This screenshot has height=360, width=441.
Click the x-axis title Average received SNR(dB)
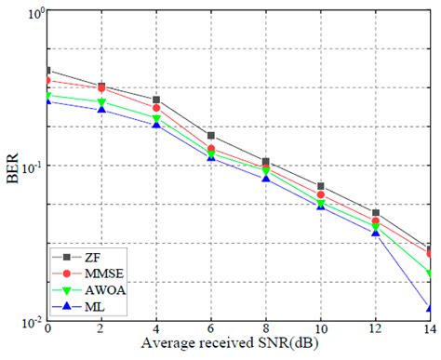[238, 345]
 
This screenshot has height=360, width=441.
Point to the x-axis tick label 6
[211, 330]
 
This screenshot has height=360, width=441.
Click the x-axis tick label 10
[320, 330]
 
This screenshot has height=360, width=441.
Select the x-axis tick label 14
[429, 330]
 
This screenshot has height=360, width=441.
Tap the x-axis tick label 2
[102, 330]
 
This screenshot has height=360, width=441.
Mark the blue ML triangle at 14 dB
[429, 308]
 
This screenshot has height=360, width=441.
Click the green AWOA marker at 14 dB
[429, 273]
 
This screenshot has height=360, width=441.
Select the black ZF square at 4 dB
[156, 100]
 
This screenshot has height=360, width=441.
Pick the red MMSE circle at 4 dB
[156, 108]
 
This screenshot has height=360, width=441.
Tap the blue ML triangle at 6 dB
[211, 157]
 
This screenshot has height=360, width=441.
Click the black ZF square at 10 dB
[320, 186]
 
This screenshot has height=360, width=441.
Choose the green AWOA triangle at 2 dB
[102, 101]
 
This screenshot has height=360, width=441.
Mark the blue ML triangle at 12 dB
[375, 233]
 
